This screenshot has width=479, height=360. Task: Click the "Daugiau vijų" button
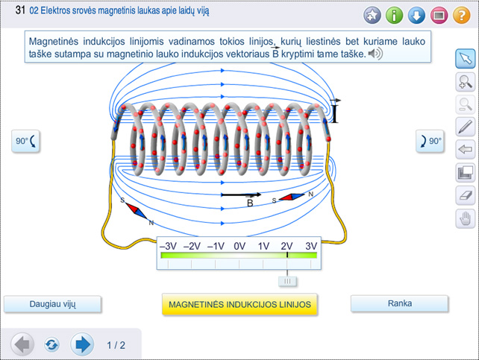(x=53, y=303)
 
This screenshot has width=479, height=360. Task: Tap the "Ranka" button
(x=400, y=303)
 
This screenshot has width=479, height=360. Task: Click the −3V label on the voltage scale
(x=168, y=245)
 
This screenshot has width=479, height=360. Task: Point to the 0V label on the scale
(x=239, y=245)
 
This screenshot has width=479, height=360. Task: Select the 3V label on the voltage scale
(x=310, y=245)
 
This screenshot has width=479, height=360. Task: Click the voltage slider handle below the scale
(x=287, y=281)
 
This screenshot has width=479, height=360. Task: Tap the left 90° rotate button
(x=25, y=141)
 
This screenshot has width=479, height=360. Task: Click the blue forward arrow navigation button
(x=82, y=344)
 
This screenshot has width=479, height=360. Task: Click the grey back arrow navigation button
(x=23, y=344)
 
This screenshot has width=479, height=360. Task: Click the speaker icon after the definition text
(x=375, y=54)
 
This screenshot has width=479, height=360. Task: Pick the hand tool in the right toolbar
(x=465, y=218)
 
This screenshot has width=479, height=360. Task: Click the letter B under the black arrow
(x=250, y=202)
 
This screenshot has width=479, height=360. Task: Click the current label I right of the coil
(x=335, y=113)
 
